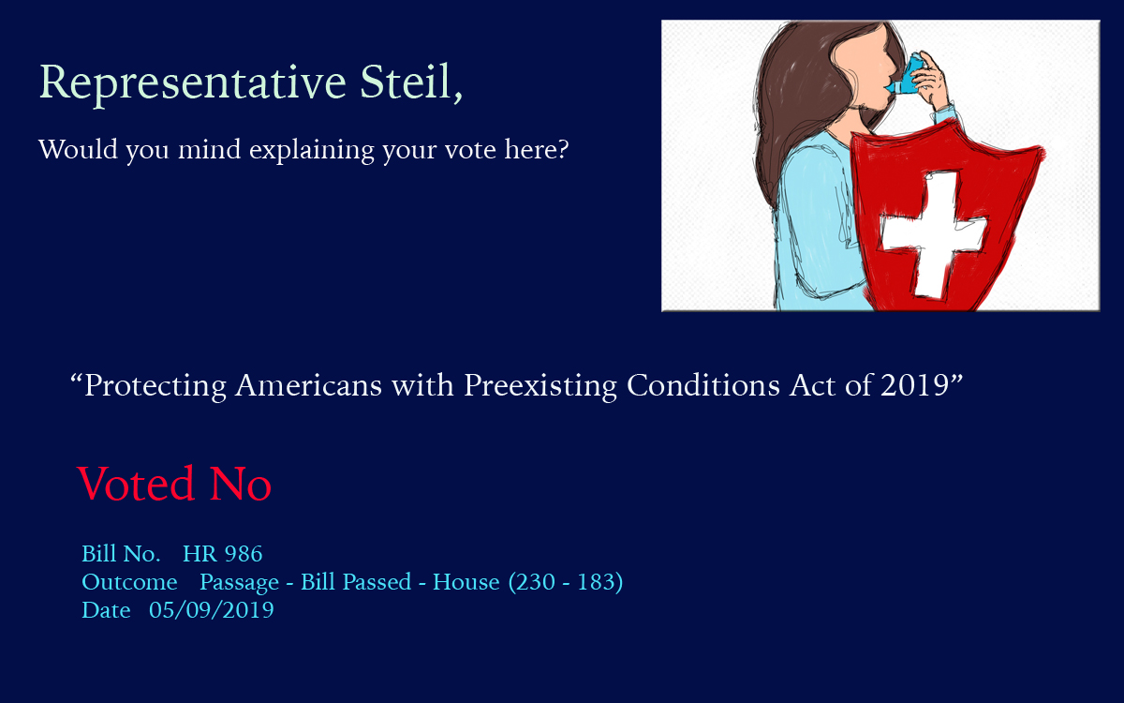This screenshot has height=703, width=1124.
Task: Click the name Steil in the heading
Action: (x=407, y=82)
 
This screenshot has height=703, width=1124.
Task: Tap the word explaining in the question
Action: (x=312, y=151)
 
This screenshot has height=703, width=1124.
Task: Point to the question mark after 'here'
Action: (x=563, y=149)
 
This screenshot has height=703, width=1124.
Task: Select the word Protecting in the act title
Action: (x=155, y=386)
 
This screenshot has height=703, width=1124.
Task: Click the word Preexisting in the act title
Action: (x=540, y=386)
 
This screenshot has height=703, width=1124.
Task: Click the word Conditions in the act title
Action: (x=703, y=385)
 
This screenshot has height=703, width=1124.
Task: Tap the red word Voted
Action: (x=136, y=483)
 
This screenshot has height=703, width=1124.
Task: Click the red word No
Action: (x=241, y=483)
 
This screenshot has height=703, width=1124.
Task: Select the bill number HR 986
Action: (x=222, y=554)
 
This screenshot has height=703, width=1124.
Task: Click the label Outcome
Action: (x=129, y=582)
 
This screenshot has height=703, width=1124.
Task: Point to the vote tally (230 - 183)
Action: (x=566, y=582)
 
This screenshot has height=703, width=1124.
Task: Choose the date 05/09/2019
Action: (x=212, y=610)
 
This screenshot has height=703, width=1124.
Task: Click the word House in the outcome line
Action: (x=466, y=582)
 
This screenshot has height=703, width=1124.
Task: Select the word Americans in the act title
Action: (x=308, y=385)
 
